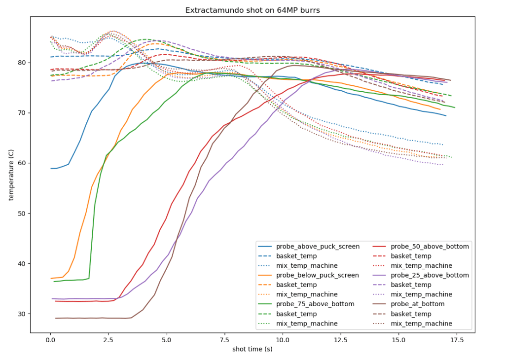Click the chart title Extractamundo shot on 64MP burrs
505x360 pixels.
click(252, 10)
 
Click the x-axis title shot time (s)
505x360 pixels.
click(252, 349)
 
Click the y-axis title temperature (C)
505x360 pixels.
click(11, 175)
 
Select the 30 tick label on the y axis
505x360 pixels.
click(22, 314)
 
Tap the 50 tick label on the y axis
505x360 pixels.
click(22, 214)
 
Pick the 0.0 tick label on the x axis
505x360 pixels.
click(50, 339)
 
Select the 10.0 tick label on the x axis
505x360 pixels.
click(283, 339)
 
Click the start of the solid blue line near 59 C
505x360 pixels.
click(51, 168)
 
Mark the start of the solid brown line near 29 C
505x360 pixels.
click(55, 318)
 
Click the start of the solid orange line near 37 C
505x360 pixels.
click(51, 279)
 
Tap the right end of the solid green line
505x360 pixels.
click(455, 108)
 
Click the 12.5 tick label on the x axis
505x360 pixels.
click(340, 339)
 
